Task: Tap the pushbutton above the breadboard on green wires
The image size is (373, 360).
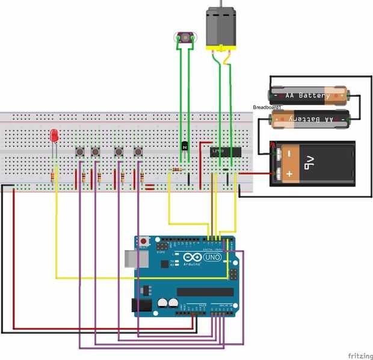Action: [x=185, y=38]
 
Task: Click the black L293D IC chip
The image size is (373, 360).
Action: [x=226, y=151]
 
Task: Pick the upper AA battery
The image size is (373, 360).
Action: [x=308, y=95]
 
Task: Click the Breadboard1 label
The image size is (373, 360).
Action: [x=267, y=107]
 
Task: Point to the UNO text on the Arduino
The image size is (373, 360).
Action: [x=213, y=257]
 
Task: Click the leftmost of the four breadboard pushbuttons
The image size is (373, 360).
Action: [x=79, y=151]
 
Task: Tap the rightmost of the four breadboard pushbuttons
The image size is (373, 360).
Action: [x=138, y=151]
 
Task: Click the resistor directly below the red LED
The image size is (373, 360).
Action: [x=54, y=177]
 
